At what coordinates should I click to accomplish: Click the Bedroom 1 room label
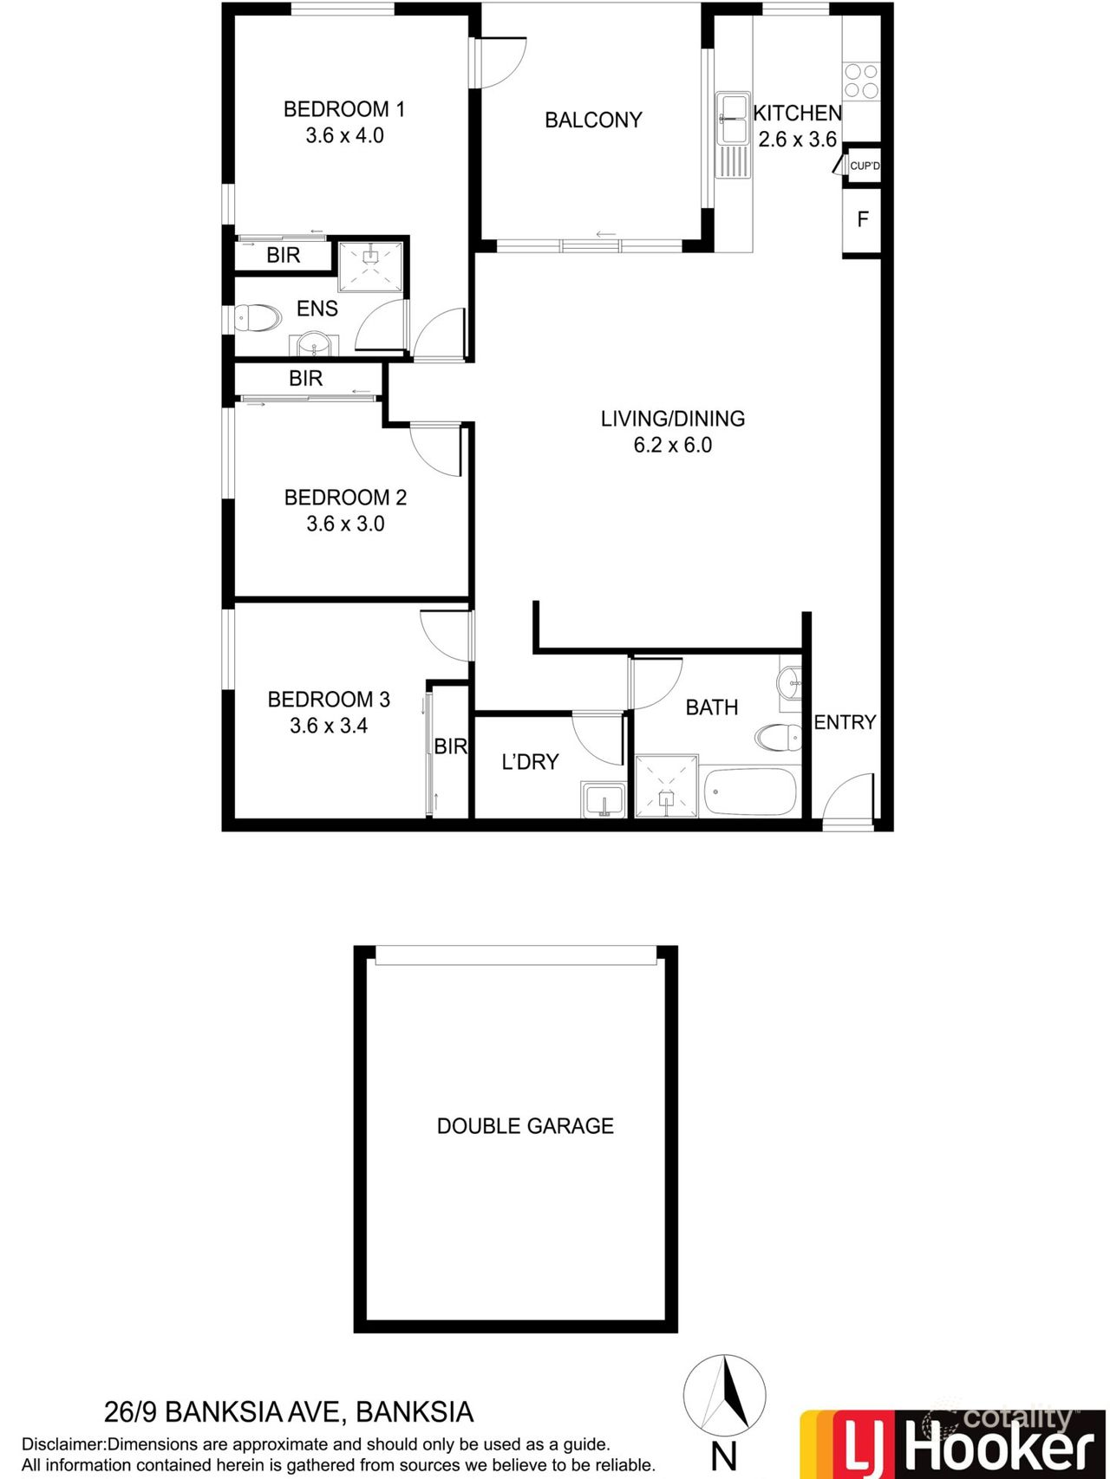(343, 109)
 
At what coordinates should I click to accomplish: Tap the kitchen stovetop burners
(861, 81)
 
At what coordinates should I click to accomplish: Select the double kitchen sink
(733, 119)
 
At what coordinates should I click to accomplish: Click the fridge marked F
(862, 219)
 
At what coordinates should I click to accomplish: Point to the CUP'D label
(864, 166)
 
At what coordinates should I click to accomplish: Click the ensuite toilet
(258, 318)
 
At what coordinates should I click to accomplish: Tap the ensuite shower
(371, 268)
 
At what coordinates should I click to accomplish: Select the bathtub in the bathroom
(750, 791)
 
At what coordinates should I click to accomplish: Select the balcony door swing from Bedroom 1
(501, 62)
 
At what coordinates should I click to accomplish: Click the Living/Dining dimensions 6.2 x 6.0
(672, 446)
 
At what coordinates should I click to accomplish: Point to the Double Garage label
(525, 1126)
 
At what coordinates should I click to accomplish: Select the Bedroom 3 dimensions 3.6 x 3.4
(328, 726)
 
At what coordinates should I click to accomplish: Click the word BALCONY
(593, 121)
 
